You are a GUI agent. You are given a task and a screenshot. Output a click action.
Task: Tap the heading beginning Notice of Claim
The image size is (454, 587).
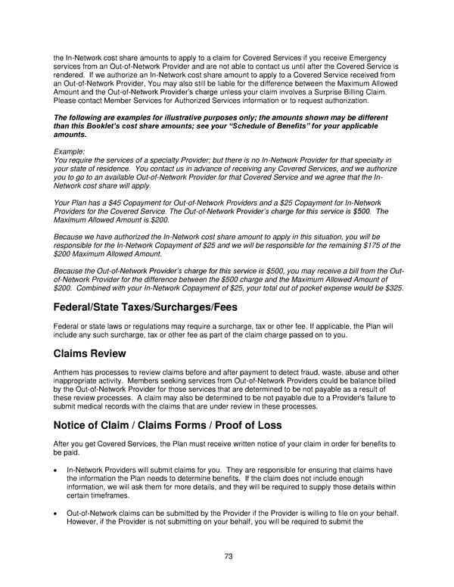tap(167, 425)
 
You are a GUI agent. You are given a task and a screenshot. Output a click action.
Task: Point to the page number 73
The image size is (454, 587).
tap(228, 557)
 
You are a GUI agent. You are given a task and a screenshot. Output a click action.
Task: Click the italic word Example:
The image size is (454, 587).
tap(70, 151)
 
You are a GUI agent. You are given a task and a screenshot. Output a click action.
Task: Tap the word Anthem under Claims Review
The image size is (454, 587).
tap(67, 372)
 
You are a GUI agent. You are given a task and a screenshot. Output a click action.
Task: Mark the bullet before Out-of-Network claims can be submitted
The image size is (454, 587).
tap(56, 513)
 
